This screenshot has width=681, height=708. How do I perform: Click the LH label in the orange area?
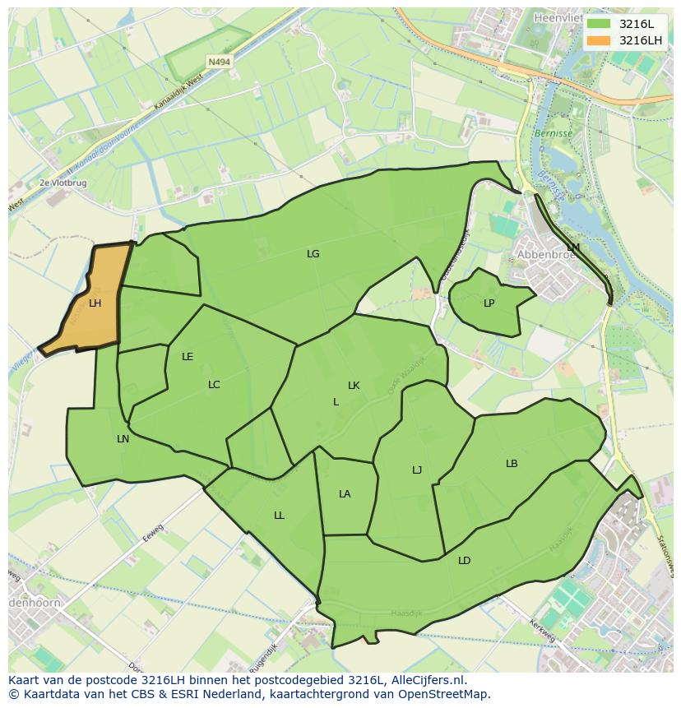[95, 303]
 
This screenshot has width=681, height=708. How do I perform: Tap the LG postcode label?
[313, 254]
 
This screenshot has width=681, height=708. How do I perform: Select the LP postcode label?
[489, 303]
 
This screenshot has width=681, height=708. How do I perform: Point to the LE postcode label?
[188, 357]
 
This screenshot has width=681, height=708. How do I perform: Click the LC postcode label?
[214, 385]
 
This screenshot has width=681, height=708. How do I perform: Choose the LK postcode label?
[354, 386]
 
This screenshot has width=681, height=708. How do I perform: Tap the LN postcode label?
[123, 439]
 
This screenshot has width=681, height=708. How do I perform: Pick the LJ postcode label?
[417, 470]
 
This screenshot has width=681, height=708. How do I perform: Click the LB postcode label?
[512, 464]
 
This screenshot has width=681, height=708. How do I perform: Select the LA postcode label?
[345, 494]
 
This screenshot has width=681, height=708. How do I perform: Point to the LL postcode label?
[279, 516]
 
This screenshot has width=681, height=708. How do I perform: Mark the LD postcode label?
[464, 561]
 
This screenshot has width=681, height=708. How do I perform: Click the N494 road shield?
[219, 62]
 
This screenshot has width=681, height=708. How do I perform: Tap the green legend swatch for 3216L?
[599, 24]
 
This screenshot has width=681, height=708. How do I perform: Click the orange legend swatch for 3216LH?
[599, 40]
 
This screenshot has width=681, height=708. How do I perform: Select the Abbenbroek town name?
[544, 255]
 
